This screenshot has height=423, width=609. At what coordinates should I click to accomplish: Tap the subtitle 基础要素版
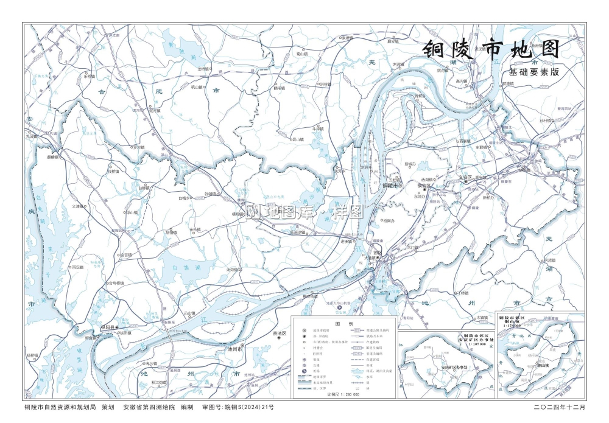[x=533, y=72]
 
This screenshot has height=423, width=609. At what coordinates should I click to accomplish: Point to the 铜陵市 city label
[x=390, y=186]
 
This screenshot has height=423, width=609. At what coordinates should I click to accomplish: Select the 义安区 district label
[x=465, y=177]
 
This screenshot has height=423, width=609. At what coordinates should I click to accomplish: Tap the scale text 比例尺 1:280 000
[x=343, y=394]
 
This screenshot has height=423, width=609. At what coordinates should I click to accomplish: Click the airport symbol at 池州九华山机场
[x=340, y=308]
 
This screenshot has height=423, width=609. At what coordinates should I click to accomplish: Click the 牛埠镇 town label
[x=317, y=129]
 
